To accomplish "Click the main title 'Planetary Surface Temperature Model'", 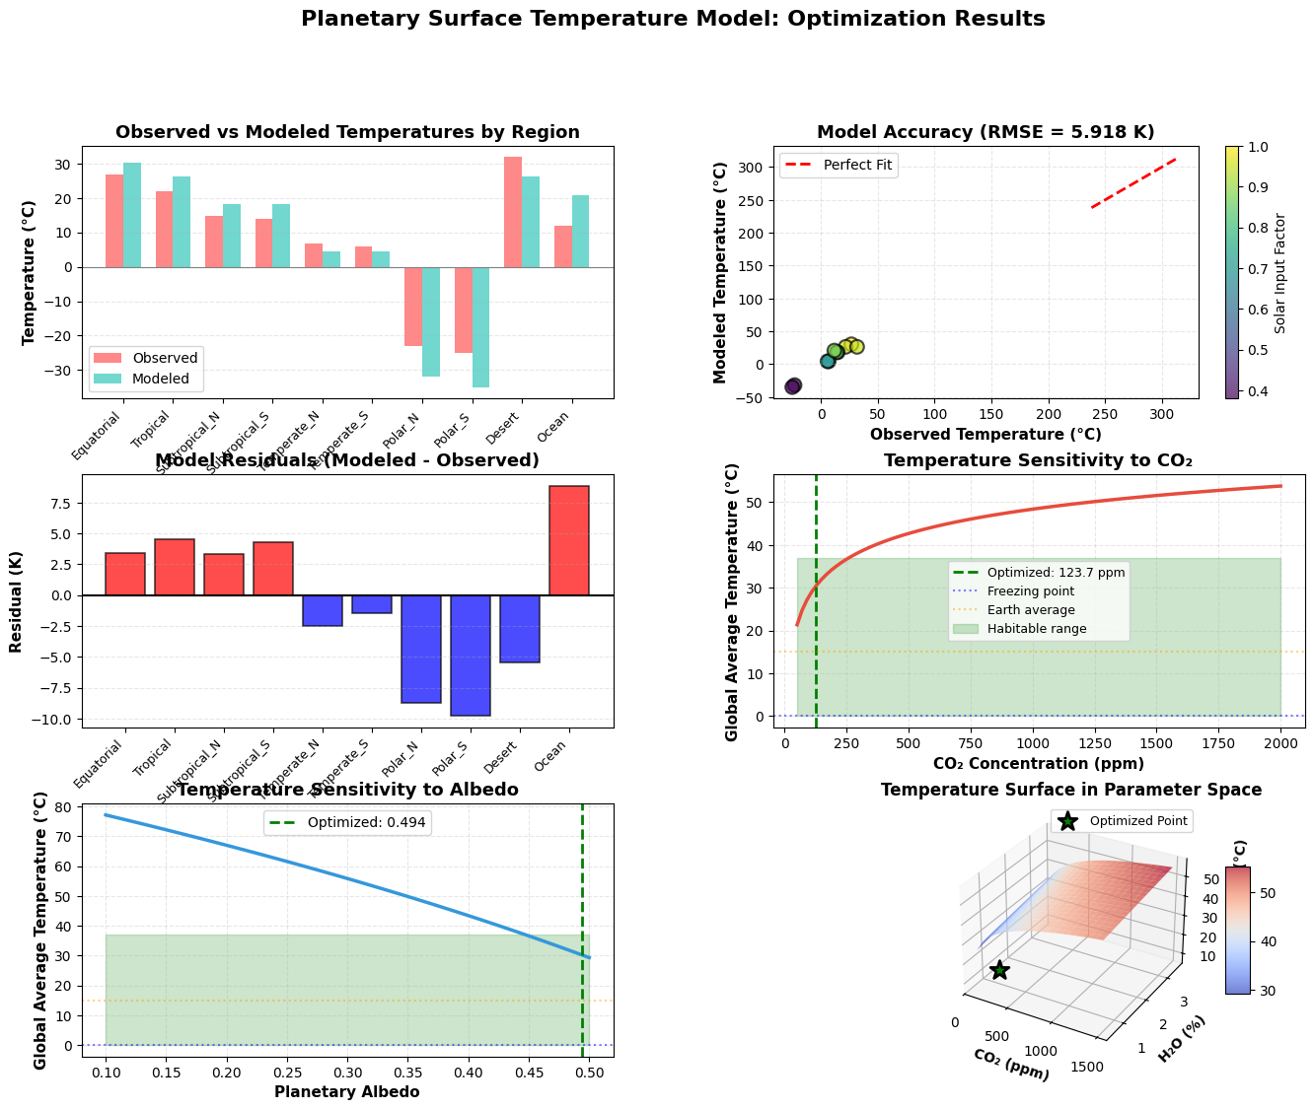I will pyautogui.click(x=673, y=20).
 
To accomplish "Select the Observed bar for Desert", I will pyautogui.click(x=513, y=212).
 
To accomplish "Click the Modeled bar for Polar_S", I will pyautogui.click(x=480, y=327).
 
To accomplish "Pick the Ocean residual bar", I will pyautogui.click(x=569, y=540).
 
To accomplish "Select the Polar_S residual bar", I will pyautogui.click(x=471, y=656).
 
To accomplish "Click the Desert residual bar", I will pyautogui.click(x=520, y=629).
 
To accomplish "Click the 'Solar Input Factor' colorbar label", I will pyautogui.click(x=1280, y=272).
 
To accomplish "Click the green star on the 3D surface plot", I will pyautogui.click(x=1000, y=970).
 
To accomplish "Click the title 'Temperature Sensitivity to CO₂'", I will pyautogui.click(x=1038, y=460).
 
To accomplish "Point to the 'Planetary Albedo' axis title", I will pyautogui.click(x=347, y=1092).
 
